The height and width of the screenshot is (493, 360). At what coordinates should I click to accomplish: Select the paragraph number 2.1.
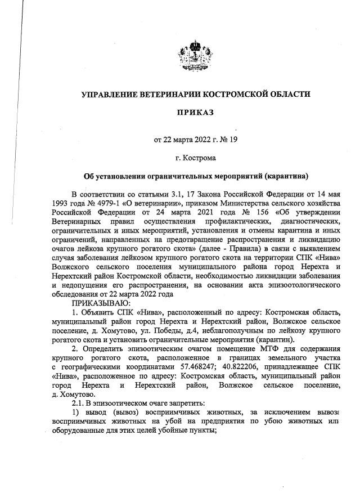coord(75,403)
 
